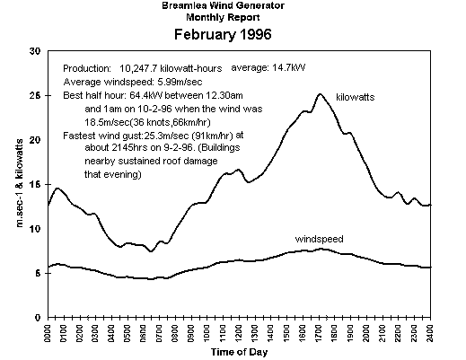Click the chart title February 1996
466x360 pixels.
[223, 34]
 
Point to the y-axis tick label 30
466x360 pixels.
[35, 51]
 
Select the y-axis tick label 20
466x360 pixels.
[35, 140]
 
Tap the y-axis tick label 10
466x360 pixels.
[35, 229]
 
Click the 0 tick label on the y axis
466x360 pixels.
[38, 318]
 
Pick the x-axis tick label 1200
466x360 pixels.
[239, 332]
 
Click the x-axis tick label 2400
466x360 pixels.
[430, 332]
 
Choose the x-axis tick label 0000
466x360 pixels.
[48, 332]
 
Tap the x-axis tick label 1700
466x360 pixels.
[319, 332]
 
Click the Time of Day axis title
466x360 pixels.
[239, 352]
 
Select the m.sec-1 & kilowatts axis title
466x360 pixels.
[20, 183]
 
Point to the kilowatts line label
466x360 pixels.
[356, 97]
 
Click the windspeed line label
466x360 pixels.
[319, 239]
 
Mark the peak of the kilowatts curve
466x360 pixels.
[320, 94]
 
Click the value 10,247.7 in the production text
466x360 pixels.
[138, 69]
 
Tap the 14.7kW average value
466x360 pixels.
[289, 68]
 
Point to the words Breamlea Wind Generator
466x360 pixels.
[223, 5]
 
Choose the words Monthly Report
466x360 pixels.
[223, 17]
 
